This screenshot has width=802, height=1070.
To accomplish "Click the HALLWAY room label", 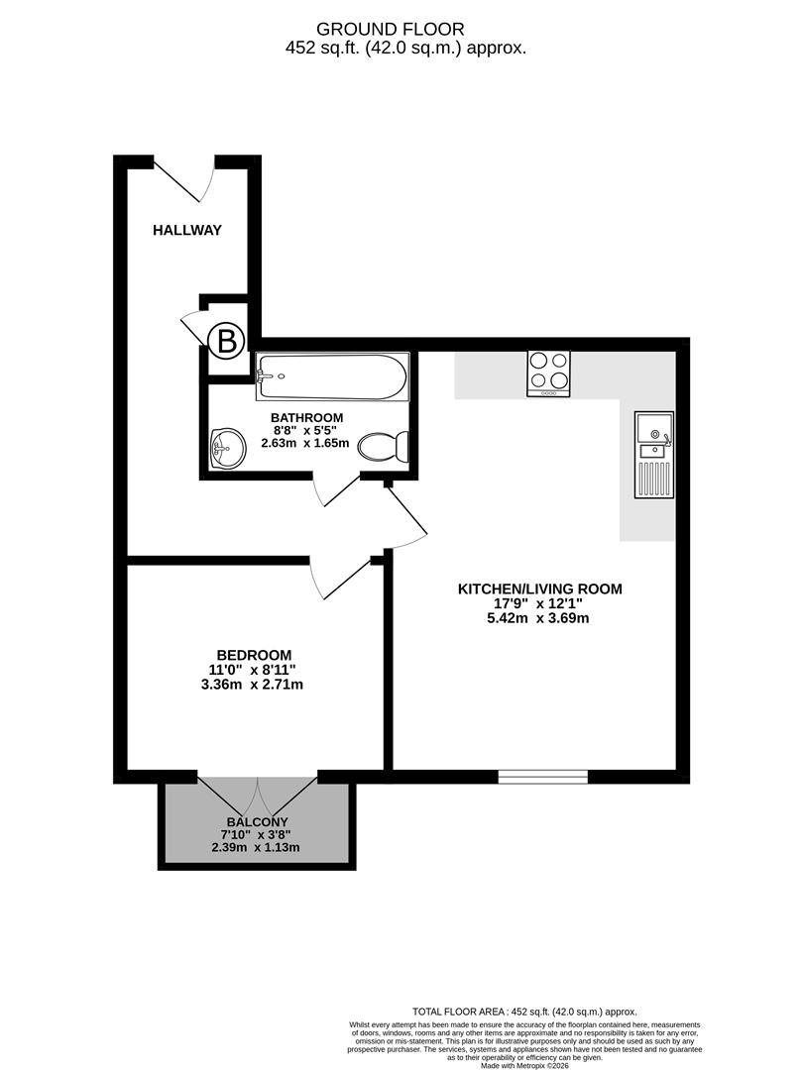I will pos(186,230).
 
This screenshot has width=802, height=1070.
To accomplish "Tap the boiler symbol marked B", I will pos(227,343).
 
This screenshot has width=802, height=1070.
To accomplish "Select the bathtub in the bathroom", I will pos(330,376).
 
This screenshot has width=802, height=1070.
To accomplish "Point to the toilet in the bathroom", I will pos(382,448).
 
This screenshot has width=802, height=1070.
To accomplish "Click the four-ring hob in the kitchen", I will pos(548,373).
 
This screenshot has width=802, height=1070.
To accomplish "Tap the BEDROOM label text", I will pos(254,655).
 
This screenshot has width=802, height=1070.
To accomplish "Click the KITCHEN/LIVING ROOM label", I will pos(539,588).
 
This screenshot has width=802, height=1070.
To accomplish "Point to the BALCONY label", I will pos(257,822).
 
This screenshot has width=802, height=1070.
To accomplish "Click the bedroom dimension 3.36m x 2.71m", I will pos(254,685).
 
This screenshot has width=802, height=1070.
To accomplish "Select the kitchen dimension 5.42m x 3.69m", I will pos(539,618).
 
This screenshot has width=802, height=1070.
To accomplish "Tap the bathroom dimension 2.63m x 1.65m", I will pos(305,444).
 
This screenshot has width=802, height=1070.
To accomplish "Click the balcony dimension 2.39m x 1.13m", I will pos(256,847).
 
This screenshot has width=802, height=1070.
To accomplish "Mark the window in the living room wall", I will pos(542,776).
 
